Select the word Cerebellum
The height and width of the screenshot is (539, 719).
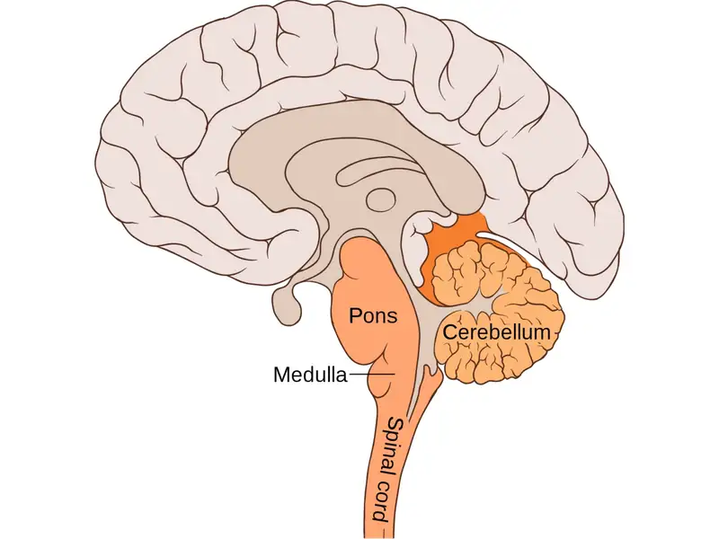[493, 333]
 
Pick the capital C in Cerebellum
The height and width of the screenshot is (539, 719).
[445, 333]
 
